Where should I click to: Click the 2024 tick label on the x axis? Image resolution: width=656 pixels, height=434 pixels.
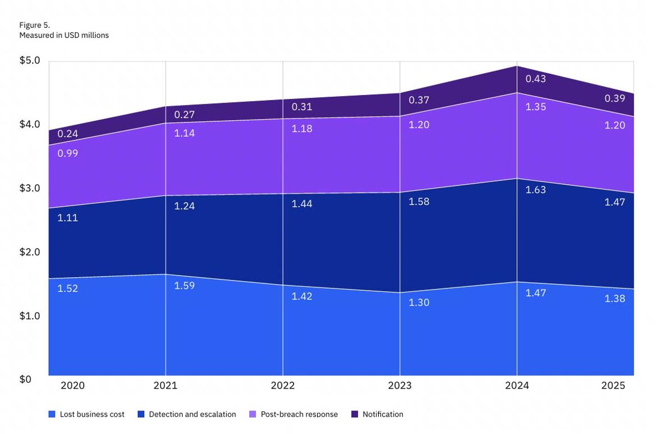517,385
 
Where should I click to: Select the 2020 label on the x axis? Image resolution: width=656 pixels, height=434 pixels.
72,385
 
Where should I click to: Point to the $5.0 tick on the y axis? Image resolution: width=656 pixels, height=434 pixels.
30,60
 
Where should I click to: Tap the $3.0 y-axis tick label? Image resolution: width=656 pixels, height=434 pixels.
30,188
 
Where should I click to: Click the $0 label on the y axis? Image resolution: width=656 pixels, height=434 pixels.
26,379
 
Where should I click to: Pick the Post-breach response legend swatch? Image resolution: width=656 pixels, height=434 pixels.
253,414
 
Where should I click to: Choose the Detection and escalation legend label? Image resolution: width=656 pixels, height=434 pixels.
192,414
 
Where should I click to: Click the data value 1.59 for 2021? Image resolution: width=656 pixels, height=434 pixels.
184,285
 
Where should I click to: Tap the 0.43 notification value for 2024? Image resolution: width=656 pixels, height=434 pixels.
536,79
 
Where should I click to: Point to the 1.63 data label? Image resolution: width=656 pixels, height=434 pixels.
536,190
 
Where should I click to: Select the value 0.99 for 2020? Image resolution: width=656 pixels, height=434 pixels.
68,153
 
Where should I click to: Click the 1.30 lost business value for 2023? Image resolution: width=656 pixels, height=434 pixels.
419,302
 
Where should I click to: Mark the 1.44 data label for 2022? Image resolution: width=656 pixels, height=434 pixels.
302,203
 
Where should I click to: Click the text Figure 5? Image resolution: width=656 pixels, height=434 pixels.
34,25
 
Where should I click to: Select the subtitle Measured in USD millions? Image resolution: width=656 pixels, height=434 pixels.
64,35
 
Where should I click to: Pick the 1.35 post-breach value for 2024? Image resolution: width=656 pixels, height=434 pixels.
536,107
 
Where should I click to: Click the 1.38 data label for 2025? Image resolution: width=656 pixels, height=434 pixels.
614,298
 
